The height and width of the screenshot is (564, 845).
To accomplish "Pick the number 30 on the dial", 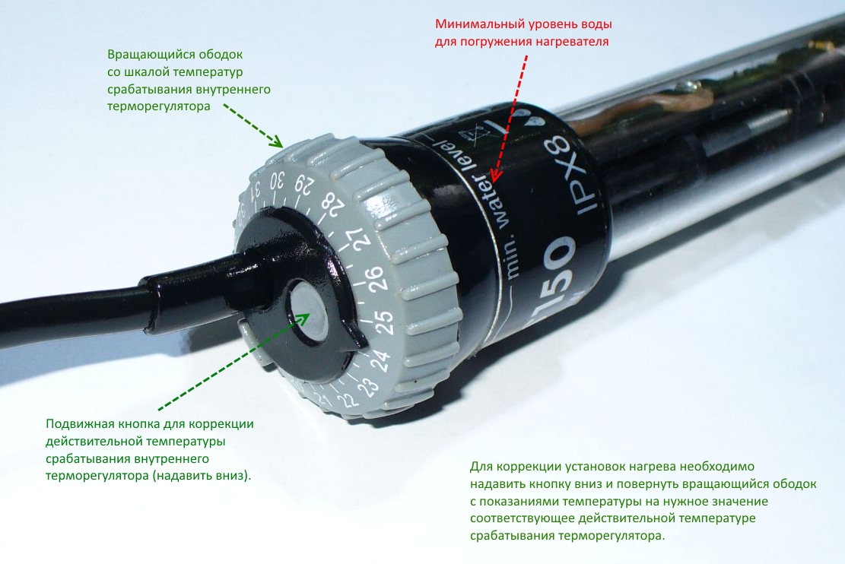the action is tap(277, 180).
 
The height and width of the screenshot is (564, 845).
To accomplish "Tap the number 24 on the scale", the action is tap(380, 360).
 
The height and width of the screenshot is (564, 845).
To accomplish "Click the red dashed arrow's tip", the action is tap(493, 180).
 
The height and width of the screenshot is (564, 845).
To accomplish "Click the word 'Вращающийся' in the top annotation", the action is tap(141, 55).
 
